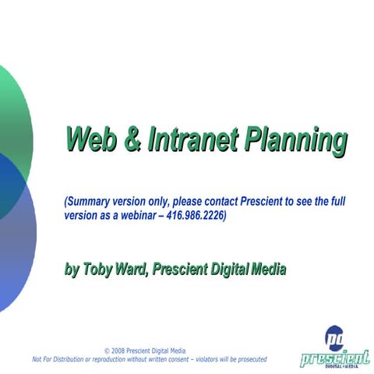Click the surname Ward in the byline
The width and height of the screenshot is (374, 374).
pos(132,270)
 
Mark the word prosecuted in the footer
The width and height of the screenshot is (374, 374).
pos(249,359)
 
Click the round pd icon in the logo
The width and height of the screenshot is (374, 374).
pos(336,337)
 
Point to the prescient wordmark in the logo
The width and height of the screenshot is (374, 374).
pos(334,357)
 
